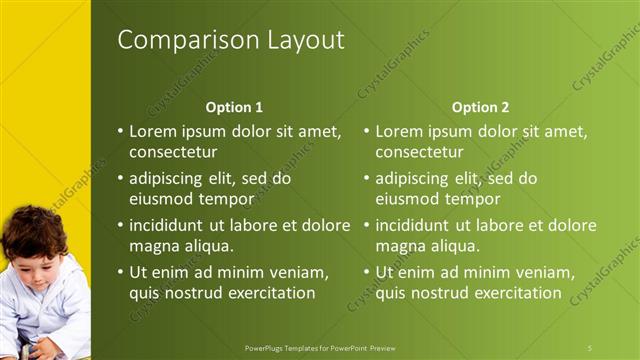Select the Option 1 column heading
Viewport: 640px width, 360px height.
[234, 107]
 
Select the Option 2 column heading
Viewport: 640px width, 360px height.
[480, 107]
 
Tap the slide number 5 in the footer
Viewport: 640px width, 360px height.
[591, 347]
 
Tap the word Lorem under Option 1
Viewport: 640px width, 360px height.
[153, 131]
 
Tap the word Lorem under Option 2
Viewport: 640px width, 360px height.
[399, 131]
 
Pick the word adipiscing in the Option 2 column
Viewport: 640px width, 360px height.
[412, 178]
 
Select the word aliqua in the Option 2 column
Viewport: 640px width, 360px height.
[455, 246]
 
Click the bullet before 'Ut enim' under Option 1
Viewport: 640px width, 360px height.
[120, 272]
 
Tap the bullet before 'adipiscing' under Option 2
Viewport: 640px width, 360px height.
[366, 178]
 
